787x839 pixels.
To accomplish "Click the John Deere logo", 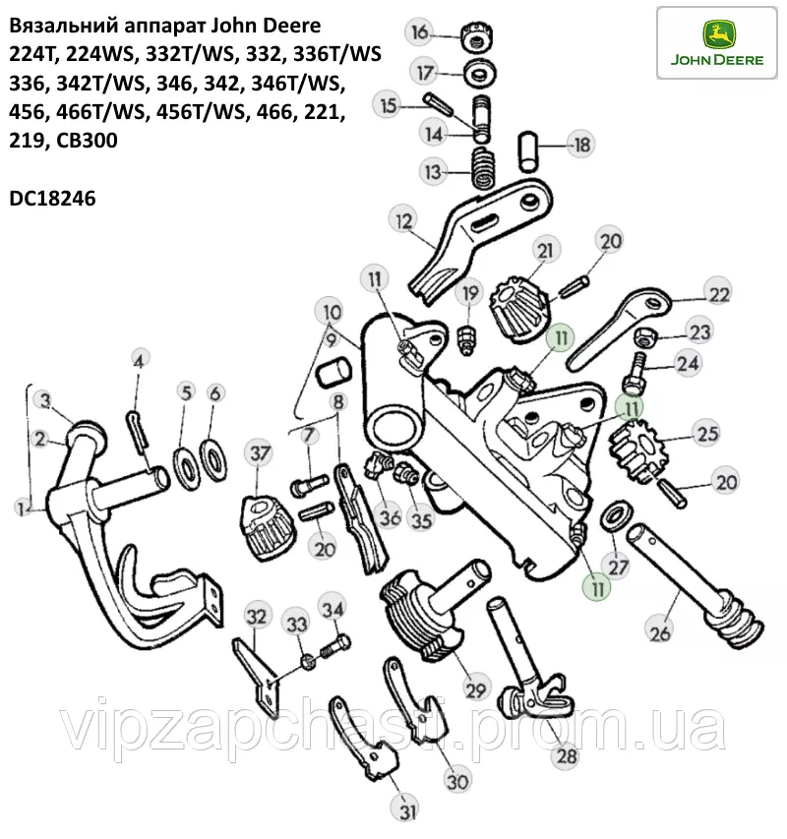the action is pyautogui.click(x=716, y=43).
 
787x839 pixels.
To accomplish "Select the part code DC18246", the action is pyautogui.click(x=52, y=199).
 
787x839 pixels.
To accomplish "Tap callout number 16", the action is pyautogui.click(x=420, y=32).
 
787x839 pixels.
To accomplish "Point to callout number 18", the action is pyautogui.click(x=581, y=145).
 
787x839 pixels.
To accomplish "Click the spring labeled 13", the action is pyautogui.click(x=483, y=168).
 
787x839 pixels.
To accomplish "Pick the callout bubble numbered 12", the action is pyautogui.click(x=404, y=220).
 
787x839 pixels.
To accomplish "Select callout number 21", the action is pyautogui.click(x=545, y=251).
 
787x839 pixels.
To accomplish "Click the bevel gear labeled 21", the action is pyautogui.click(x=519, y=309).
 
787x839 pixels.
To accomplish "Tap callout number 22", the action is pyautogui.click(x=718, y=294).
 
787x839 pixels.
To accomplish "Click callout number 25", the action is pyautogui.click(x=707, y=433).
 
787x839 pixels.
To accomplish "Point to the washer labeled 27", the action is pyautogui.click(x=617, y=515).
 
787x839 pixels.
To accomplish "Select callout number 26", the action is pyautogui.click(x=660, y=633).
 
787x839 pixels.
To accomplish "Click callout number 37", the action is pyautogui.click(x=259, y=453).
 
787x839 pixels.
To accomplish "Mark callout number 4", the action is pyautogui.click(x=139, y=361).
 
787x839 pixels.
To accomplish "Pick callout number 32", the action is pyautogui.click(x=256, y=616).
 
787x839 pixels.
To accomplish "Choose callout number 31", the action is pyautogui.click(x=407, y=811).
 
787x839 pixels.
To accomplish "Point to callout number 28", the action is pyautogui.click(x=566, y=755).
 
